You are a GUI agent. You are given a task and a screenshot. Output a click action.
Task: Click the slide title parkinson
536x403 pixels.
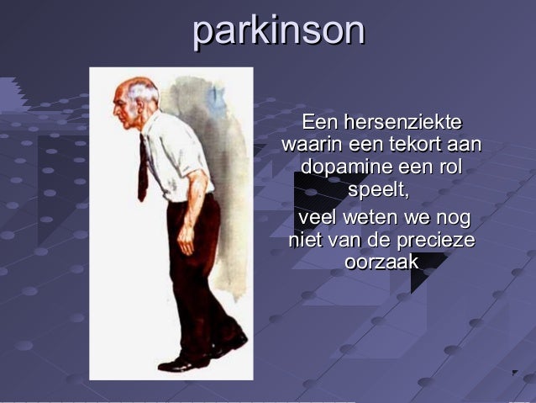click(x=278, y=31)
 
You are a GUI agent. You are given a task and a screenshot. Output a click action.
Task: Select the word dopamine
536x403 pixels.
click(x=345, y=167)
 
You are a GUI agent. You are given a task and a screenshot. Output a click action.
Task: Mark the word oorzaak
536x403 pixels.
click(x=381, y=262)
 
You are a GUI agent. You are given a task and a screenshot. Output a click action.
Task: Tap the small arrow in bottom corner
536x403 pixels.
click(x=515, y=373)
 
